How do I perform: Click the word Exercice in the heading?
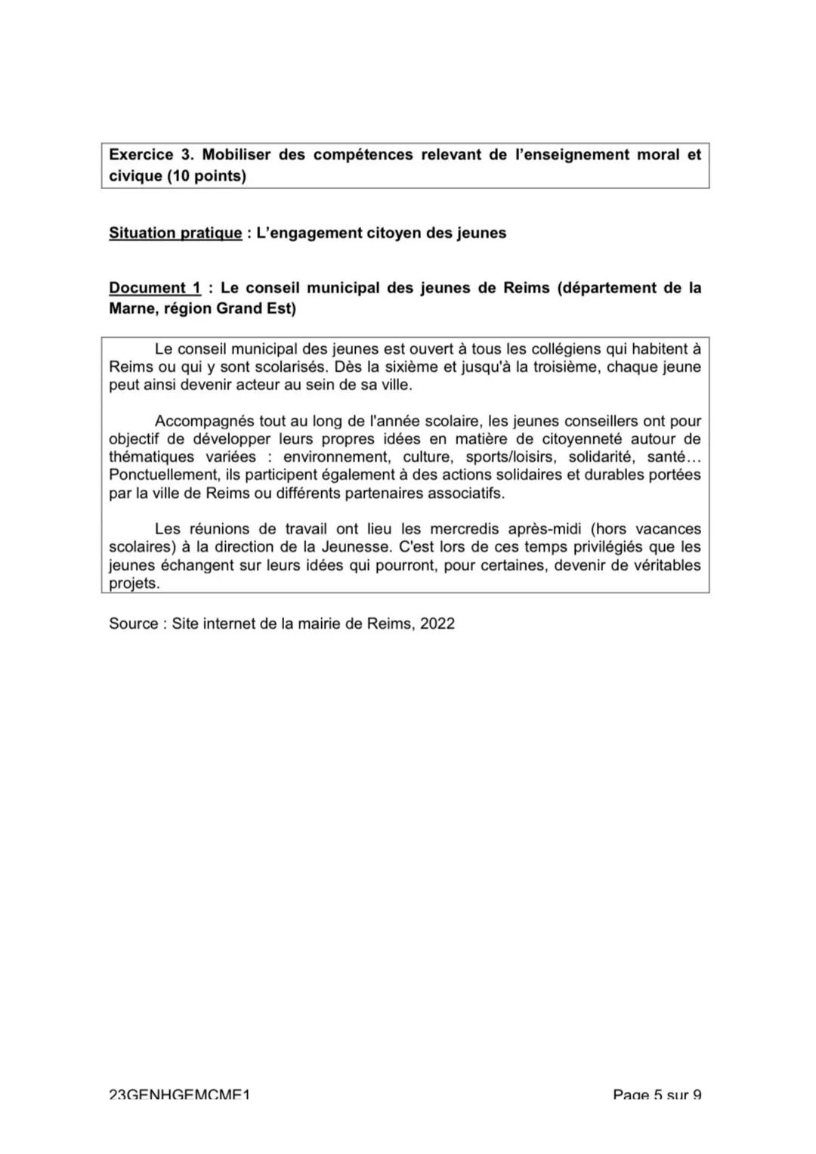click(141, 155)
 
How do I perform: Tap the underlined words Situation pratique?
click(175, 233)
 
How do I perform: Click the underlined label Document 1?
click(155, 288)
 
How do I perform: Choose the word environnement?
click(335, 457)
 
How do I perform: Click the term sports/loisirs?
click(511, 457)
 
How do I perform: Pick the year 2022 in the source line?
click(437, 624)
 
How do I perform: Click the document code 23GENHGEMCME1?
click(179, 1094)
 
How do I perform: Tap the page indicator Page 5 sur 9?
click(657, 1094)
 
